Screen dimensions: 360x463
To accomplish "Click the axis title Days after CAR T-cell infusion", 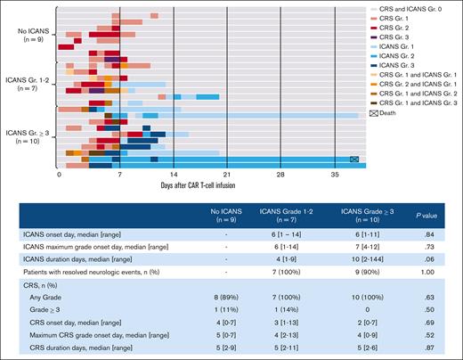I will tap(210, 187).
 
